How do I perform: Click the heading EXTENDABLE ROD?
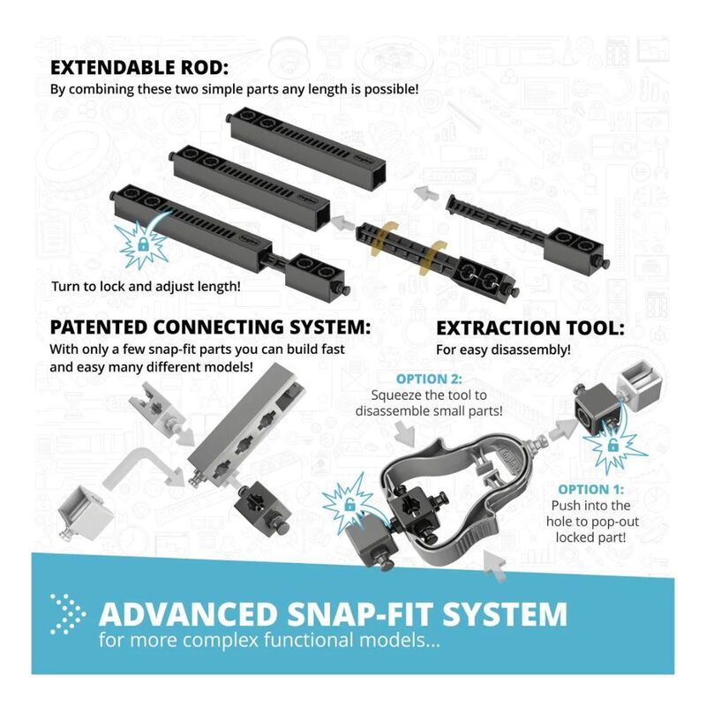coord(139,68)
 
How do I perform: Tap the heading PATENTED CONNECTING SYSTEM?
coord(210,327)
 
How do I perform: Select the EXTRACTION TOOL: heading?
coord(530,328)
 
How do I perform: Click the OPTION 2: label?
coord(429,379)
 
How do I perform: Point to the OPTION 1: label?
coord(591,490)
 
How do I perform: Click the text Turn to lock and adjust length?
coord(146,286)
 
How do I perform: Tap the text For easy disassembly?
coord(503,349)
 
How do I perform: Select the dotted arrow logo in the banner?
coord(68,614)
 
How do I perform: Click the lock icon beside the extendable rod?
coord(143,245)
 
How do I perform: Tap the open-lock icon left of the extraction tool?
coord(349,505)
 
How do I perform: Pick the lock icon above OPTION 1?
coord(612,446)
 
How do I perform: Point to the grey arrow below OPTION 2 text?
coord(405,433)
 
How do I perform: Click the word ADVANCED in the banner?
coord(188,614)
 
